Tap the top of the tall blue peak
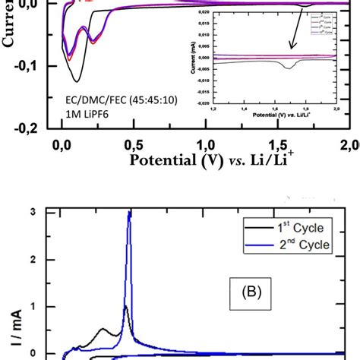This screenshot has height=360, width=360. pyautogui.click(x=129, y=213)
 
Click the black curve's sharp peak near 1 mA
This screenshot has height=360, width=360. pyautogui.click(x=125, y=307)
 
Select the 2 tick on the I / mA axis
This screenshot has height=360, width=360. pyautogui.click(x=32, y=259)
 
